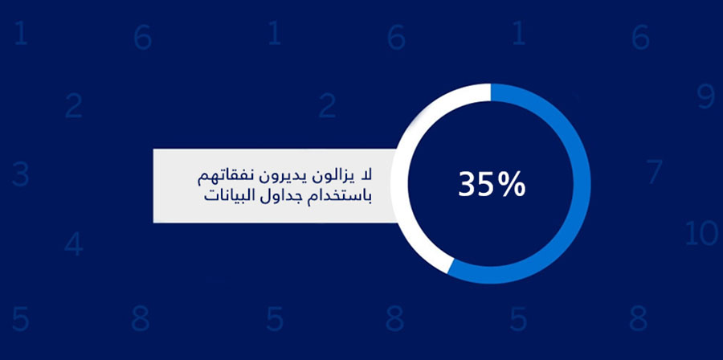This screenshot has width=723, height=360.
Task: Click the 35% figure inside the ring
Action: click(x=492, y=185)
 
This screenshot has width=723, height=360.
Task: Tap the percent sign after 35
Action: click(x=513, y=185)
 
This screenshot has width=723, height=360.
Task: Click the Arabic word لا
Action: click(x=367, y=175)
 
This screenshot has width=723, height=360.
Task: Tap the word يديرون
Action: click(x=288, y=177)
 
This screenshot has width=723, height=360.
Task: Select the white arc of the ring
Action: click(x=399, y=184)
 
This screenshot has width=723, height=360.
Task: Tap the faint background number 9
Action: click(x=706, y=97)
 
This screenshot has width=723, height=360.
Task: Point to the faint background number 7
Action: click(x=654, y=171)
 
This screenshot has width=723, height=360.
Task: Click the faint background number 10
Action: click(x=701, y=233)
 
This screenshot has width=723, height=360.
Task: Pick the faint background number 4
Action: click(x=73, y=244)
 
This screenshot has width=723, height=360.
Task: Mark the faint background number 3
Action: click(x=20, y=174)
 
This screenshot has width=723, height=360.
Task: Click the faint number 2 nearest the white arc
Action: click(x=327, y=107)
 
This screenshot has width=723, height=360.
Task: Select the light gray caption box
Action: click(x=276, y=186)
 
